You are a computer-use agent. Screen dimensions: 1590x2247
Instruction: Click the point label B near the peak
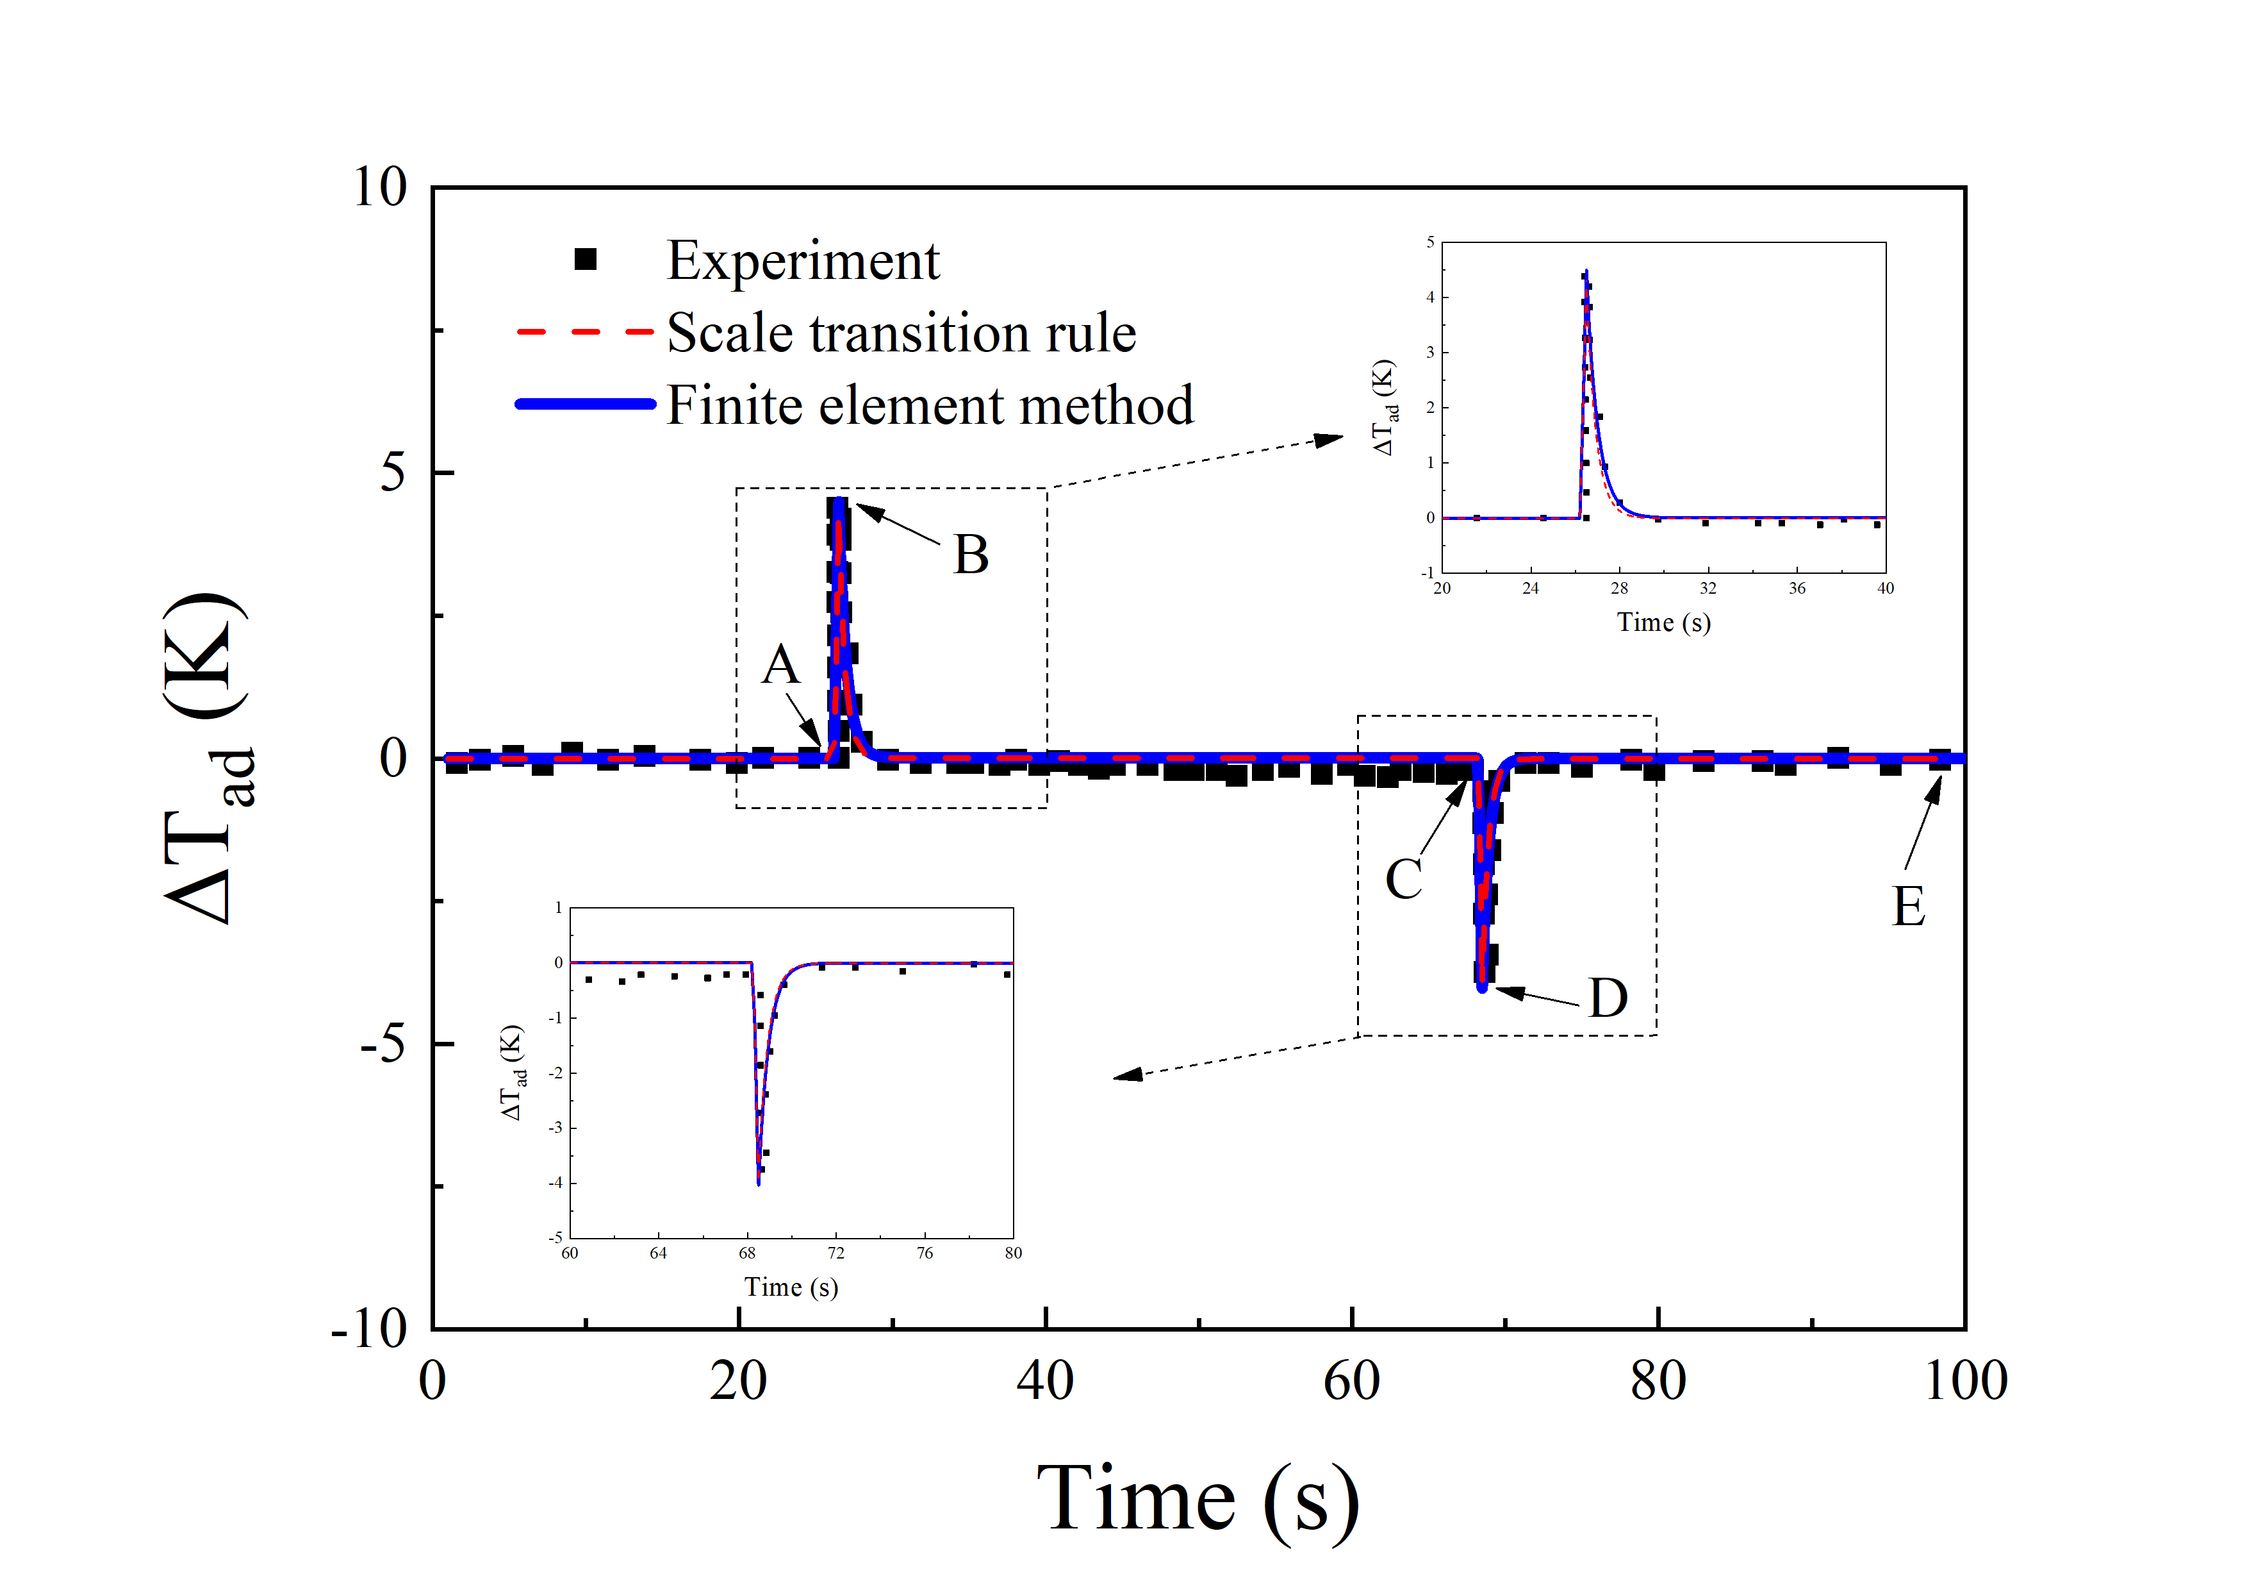(971, 555)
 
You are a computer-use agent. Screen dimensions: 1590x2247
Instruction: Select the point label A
(780, 665)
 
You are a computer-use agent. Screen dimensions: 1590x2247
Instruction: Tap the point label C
(1403, 878)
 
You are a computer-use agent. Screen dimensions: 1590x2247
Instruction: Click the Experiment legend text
(802, 262)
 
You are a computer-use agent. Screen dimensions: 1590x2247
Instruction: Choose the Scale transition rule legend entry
(900, 333)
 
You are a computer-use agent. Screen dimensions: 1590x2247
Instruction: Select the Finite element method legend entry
(930, 405)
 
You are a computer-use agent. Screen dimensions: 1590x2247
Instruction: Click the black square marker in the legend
(585, 260)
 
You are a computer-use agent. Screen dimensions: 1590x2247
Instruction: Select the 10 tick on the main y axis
(380, 187)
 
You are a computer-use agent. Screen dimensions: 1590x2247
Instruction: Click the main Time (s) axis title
(1198, 1499)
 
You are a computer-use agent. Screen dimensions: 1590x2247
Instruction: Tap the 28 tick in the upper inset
(1620, 589)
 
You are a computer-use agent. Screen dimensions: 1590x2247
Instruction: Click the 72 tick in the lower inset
(835, 1253)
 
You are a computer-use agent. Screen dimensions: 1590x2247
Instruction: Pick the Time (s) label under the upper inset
(1664, 623)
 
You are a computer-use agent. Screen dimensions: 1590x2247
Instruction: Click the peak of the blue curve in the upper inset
(1586, 271)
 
